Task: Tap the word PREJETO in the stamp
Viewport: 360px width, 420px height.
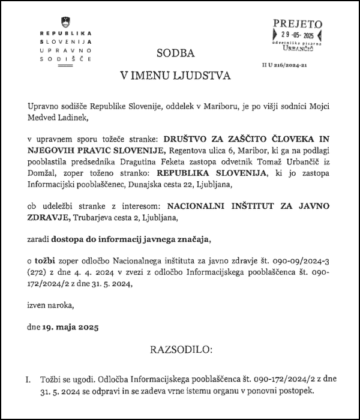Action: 298,23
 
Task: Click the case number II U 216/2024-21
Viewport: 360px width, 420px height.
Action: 286,70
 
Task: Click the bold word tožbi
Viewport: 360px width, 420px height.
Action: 50,262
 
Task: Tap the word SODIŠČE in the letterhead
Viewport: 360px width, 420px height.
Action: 65,60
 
